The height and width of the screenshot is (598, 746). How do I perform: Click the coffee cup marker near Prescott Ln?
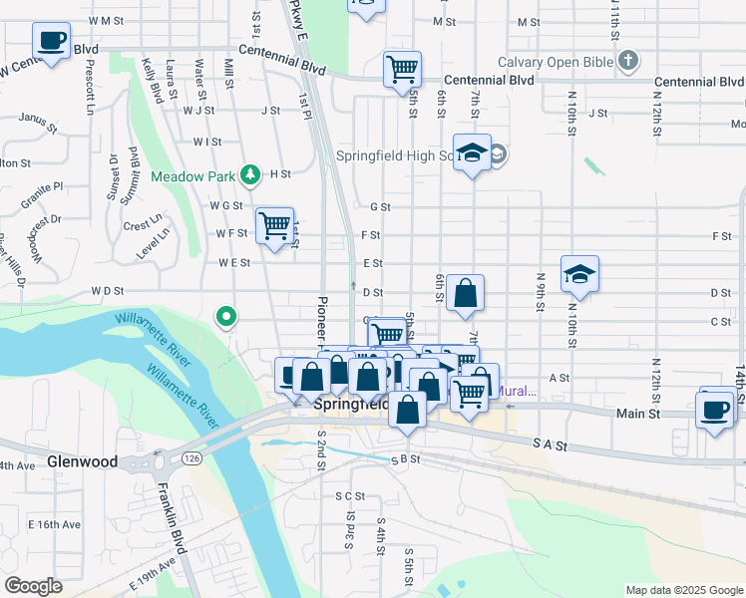click(x=51, y=41)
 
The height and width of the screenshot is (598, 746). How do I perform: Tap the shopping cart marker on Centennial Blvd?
click(x=402, y=70)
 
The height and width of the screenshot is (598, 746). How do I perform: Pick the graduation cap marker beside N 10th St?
click(x=579, y=276)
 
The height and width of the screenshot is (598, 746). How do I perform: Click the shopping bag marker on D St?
click(x=465, y=294)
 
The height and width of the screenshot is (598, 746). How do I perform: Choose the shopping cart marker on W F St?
click(x=274, y=225)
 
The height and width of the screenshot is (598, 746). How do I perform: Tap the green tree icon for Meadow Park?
click(x=250, y=176)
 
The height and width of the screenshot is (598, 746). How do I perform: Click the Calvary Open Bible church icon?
click(x=627, y=62)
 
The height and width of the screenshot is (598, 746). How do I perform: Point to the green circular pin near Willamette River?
click(x=226, y=318)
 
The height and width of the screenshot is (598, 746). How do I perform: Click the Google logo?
click(x=33, y=586)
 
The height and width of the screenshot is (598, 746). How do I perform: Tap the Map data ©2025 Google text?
click(x=683, y=590)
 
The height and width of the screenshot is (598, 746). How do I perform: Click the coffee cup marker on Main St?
click(x=716, y=411)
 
